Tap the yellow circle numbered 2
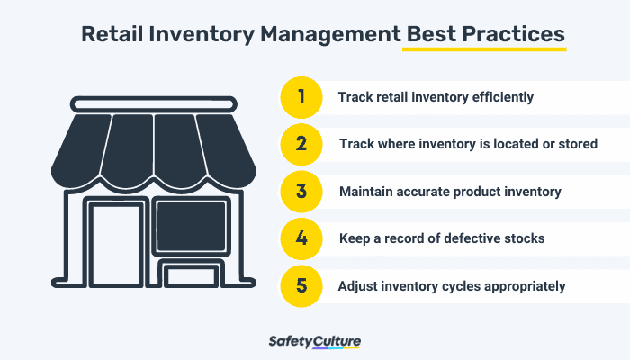(302, 144)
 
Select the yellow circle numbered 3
(302, 192)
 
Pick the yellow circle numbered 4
(302, 239)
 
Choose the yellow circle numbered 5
(302, 287)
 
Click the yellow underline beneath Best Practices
(483, 49)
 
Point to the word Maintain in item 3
(365, 192)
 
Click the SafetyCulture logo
(314, 342)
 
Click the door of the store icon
(114, 242)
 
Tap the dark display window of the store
(191, 226)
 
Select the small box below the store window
(191, 274)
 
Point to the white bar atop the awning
(150, 105)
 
